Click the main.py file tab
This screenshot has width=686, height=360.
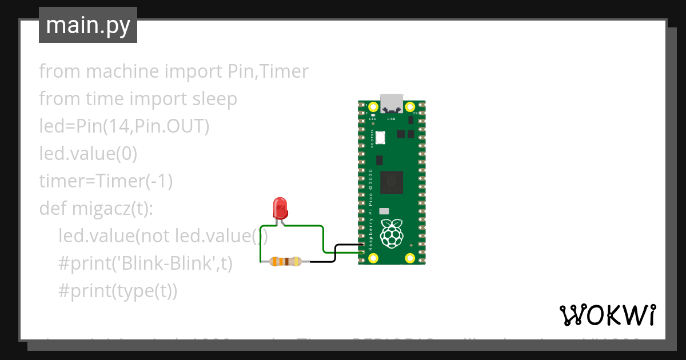point(87,25)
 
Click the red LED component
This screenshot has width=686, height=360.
point(280,209)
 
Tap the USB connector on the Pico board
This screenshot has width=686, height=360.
point(392,102)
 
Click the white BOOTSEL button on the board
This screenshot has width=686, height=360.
point(381,137)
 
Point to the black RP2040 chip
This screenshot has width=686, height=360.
point(392,182)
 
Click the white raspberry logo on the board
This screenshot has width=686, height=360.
point(392,233)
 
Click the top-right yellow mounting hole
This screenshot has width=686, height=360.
point(410,107)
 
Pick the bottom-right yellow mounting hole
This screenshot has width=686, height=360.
point(410,258)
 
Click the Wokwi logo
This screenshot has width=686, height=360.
point(607,315)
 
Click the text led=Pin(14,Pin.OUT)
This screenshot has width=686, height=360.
point(124,126)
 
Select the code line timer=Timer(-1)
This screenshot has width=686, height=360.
point(106,181)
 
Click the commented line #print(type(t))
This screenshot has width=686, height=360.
point(118,291)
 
